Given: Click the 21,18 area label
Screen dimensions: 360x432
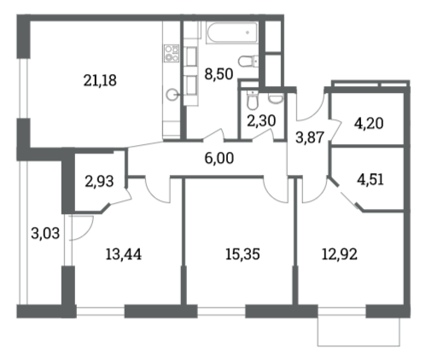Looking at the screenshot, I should click(x=101, y=81).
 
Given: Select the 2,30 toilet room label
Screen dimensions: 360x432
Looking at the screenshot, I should click(x=262, y=122).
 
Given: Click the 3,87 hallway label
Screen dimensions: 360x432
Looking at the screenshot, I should click(x=307, y=136).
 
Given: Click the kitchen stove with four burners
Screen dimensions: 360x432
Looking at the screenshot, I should click(x=171, y=56).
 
